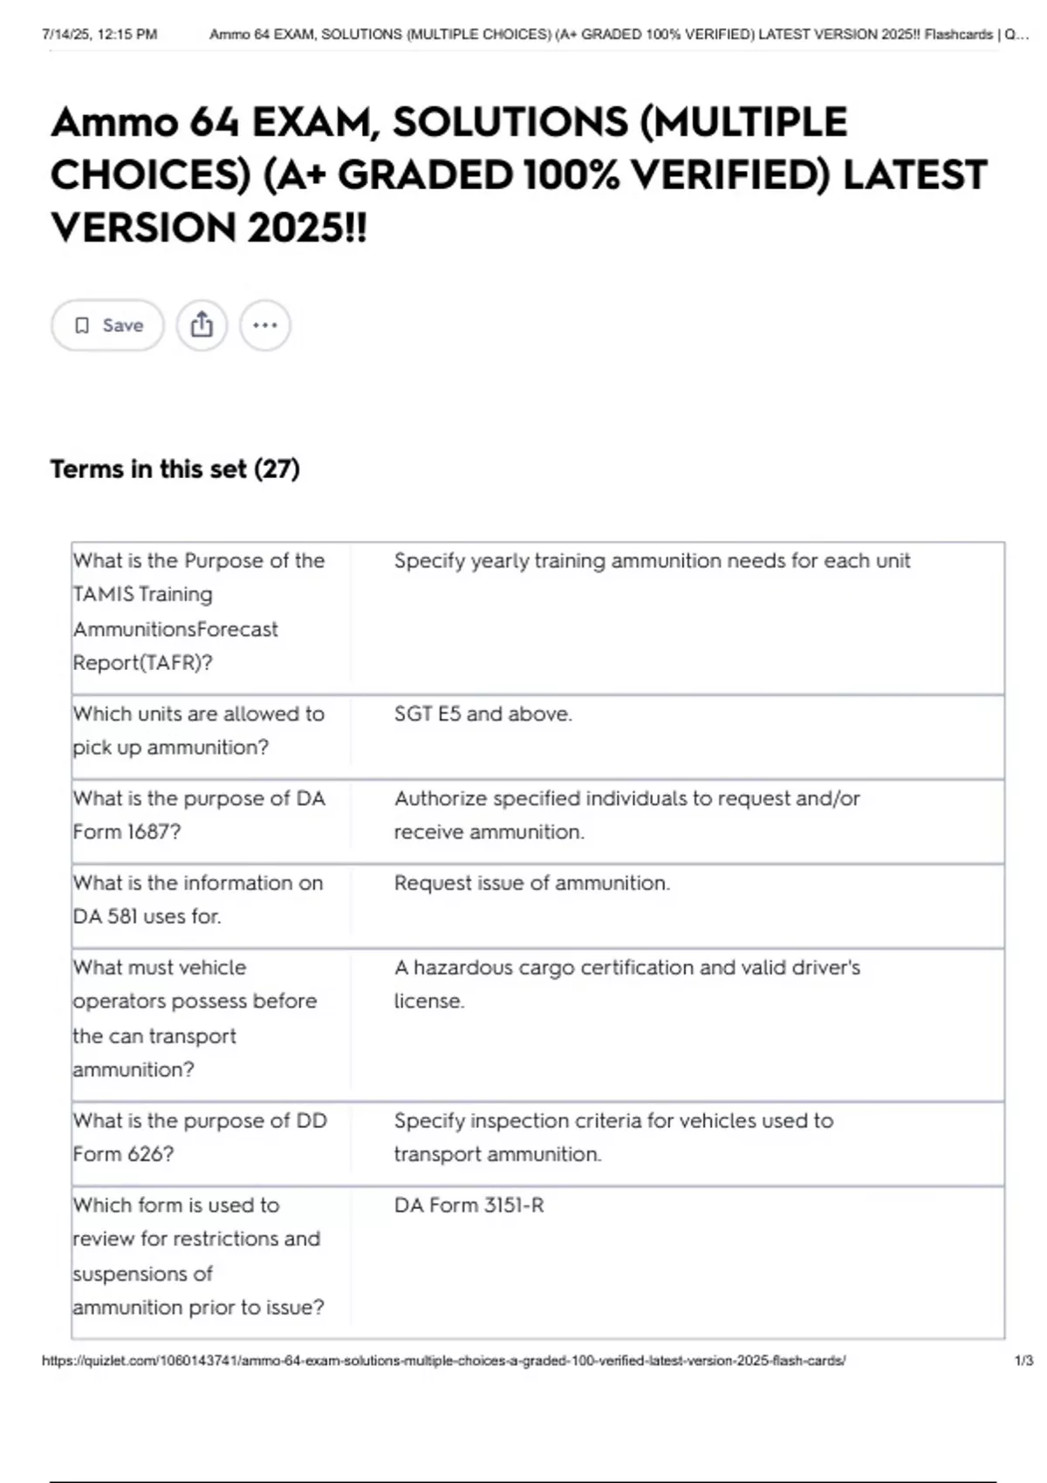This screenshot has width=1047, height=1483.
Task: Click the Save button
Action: tap(107, 325)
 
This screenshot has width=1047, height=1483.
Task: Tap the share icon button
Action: tap(202, 325)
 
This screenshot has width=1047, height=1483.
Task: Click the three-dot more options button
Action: tap(264, 325)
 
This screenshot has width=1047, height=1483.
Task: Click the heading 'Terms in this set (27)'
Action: tap(174, 469)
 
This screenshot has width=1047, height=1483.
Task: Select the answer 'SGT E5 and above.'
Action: tap(482, 714)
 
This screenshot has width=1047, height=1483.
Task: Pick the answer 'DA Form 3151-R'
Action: tap(469, 1205)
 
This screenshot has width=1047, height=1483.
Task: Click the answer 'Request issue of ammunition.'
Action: tap(531, 883)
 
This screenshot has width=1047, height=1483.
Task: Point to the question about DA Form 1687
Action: tap(199, 815)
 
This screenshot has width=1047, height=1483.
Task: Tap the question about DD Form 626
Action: tap(199, 1137)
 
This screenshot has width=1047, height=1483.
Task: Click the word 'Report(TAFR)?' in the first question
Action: tap(142, 663)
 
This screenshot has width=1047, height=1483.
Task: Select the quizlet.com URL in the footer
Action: tap(443, 1360)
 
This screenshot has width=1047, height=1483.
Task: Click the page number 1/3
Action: tap(1023, 1360)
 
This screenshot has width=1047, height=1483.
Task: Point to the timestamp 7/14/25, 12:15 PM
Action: tap(99, 35)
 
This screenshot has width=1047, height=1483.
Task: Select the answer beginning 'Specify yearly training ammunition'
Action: tap(651, 560)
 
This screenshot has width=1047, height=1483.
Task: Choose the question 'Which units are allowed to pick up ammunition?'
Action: tap(199, 730)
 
